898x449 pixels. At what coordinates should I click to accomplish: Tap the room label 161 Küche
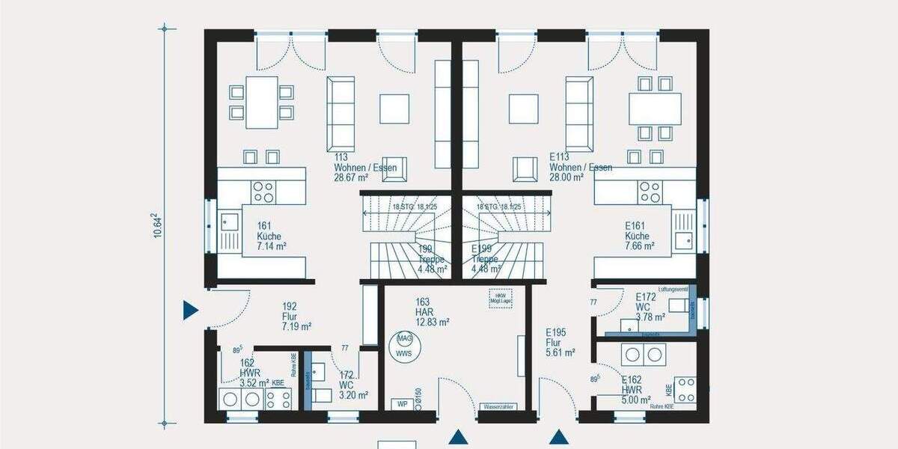[x=272, y=235]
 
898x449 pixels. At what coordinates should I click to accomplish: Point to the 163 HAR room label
[x=432, y=312]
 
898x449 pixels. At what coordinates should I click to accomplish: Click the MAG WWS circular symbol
[x=404, y=345]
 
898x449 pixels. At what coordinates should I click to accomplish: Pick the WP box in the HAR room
[x=401, y=404]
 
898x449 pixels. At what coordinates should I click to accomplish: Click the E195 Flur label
[x=560, y=342]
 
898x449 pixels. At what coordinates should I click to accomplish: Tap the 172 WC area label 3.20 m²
[x=353, y=396]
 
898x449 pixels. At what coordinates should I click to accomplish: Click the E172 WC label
[x=646, y=307]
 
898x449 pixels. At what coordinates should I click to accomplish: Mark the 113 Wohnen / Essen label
[x=365, y=168]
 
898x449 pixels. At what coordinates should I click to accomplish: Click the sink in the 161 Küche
[x=227, y=222]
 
